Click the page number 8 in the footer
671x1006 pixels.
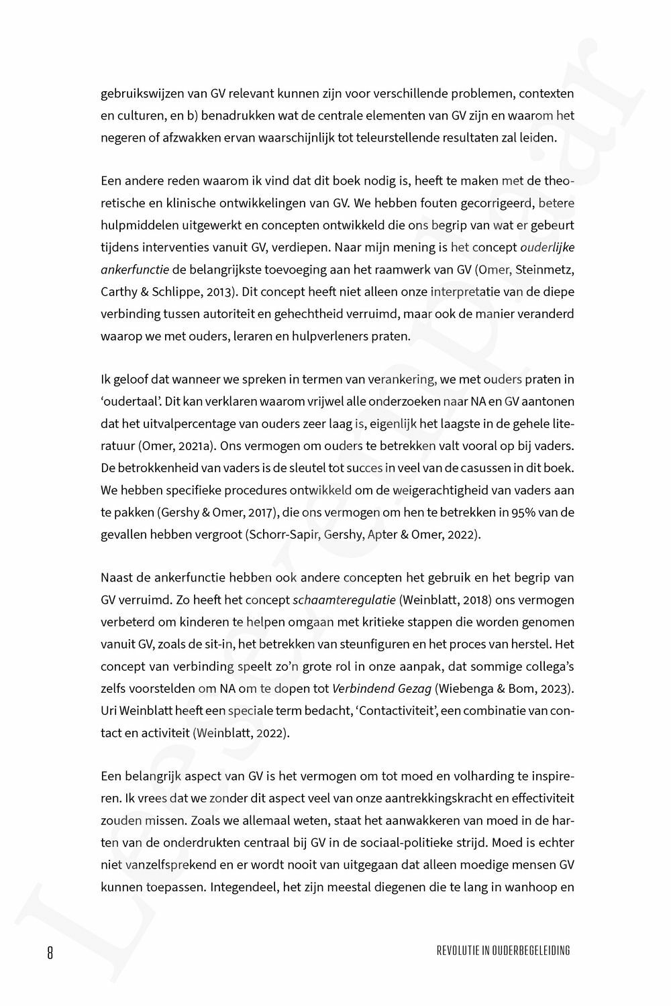(x=50, y=951)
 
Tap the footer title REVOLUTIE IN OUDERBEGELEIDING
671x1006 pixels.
(x=503, y=950)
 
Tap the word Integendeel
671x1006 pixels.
(x=240, y=887)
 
